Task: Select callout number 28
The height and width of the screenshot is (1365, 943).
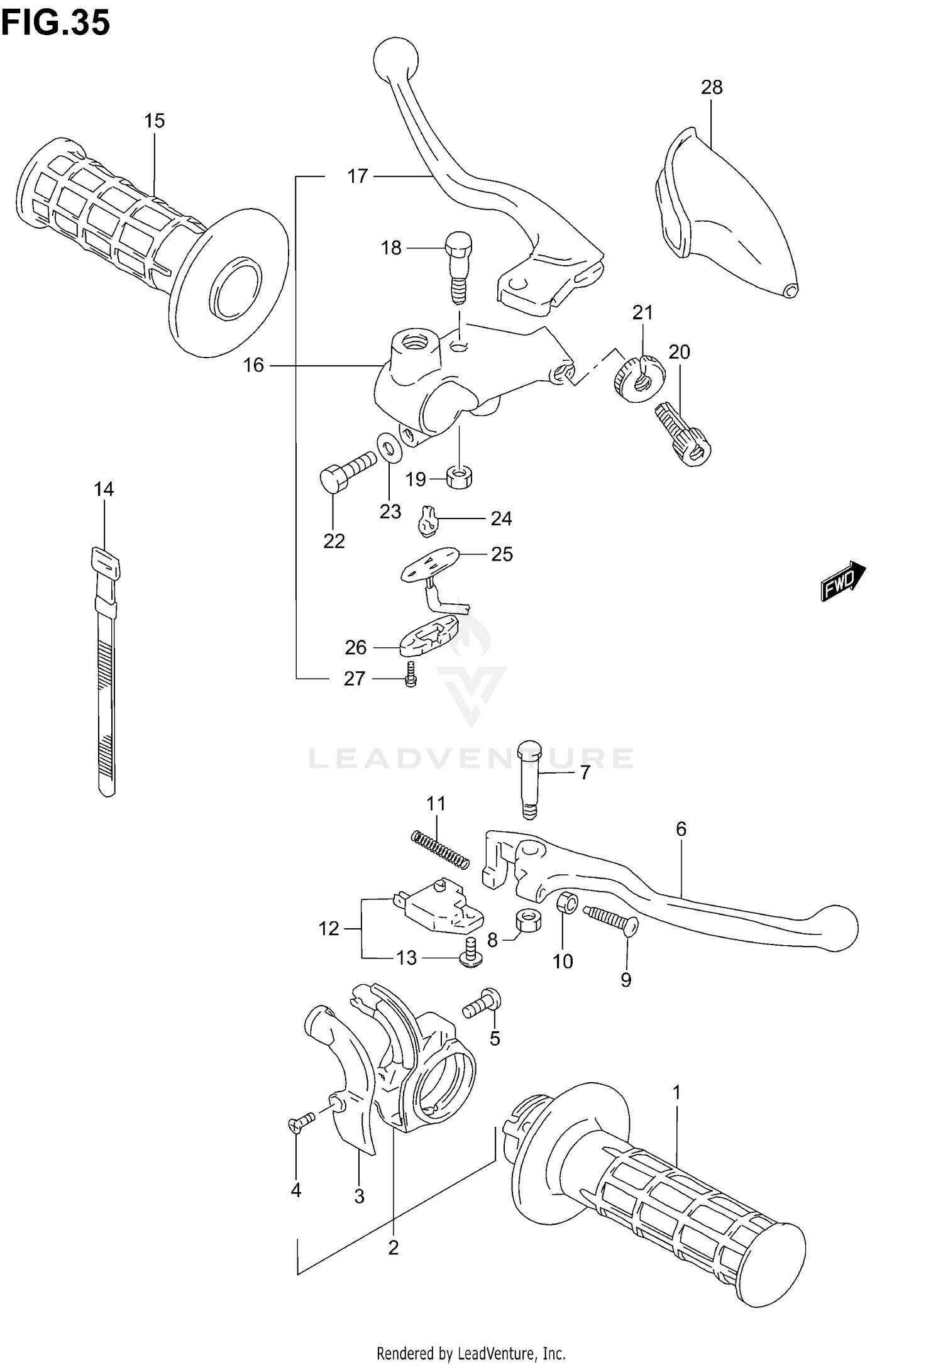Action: click(x=712, y=87)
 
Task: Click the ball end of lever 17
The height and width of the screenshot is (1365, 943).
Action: click(x=395, y=58)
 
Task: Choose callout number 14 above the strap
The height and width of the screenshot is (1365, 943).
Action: click(x=104, y=488)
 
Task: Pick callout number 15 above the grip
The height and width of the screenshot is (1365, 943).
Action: click(x=154, y=121)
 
